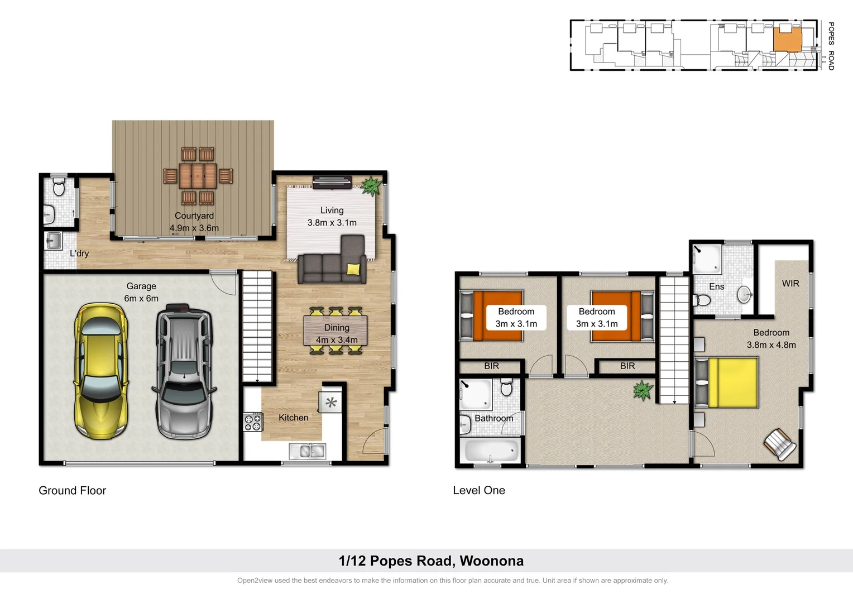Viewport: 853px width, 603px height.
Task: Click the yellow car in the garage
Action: (101, 370)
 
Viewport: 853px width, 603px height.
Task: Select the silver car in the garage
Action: (184, 371)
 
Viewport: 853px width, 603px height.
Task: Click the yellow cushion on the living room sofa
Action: (353, 269)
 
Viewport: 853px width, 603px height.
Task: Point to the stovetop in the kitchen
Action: (252, 422)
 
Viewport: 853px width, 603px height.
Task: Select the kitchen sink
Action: (307, 451)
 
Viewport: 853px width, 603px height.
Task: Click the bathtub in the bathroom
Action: (491, 451)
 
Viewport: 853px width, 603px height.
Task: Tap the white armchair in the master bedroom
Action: (780, 444)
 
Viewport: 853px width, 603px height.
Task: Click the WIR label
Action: (790, 284)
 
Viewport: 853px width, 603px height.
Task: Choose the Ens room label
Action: (716, 286)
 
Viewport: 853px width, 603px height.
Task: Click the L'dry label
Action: (79, 253)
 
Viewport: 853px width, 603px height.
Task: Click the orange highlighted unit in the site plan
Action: (787, 40)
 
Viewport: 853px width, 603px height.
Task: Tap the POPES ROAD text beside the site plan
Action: (831, 46)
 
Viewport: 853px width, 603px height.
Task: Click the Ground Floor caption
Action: (72, 490)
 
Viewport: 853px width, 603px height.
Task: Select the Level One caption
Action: (478, 490)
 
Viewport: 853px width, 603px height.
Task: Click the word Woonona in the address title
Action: (491, 561)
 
